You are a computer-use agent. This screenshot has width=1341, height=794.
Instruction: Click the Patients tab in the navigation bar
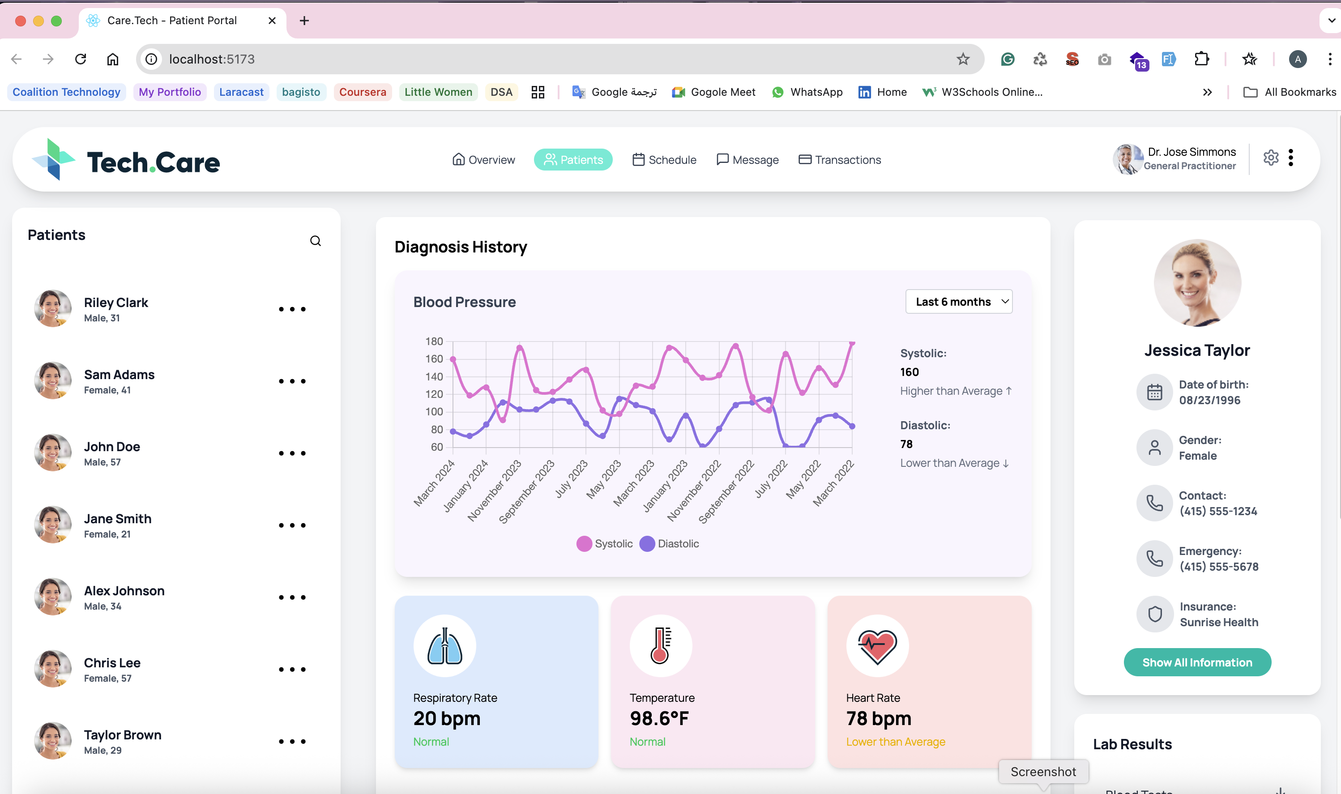pos(573,159)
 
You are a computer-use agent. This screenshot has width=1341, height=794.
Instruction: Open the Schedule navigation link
pos(664,159)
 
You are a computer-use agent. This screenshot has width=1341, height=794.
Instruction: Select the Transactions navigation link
pos(839,159)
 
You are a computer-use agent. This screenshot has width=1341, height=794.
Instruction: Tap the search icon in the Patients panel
pos(316,241)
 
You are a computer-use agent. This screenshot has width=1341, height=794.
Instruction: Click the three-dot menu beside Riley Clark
pos(292,309)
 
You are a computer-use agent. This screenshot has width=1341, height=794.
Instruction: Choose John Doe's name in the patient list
pos(112,447)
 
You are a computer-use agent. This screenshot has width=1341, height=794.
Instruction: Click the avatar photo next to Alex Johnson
pos(52,597)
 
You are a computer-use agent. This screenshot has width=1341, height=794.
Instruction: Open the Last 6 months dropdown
pos(959,302)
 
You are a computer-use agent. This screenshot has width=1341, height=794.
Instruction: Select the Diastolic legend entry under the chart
pos(669,544)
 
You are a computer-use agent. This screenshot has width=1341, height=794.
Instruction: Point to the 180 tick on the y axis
pos(434,342)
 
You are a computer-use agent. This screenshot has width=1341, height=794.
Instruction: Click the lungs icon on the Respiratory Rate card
pos(444,646)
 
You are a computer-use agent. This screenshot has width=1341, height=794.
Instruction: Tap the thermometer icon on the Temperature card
pos(661,646)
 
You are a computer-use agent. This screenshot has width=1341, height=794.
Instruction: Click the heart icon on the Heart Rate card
pos(877,646)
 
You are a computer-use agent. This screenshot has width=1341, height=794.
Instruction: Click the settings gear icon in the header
pos(1271,158)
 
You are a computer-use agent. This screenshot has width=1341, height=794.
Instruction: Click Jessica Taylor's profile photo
pos(1197,282)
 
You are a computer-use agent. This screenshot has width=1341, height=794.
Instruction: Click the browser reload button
pos(81,59)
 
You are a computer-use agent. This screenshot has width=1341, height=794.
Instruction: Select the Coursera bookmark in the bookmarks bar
pos(363,92)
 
